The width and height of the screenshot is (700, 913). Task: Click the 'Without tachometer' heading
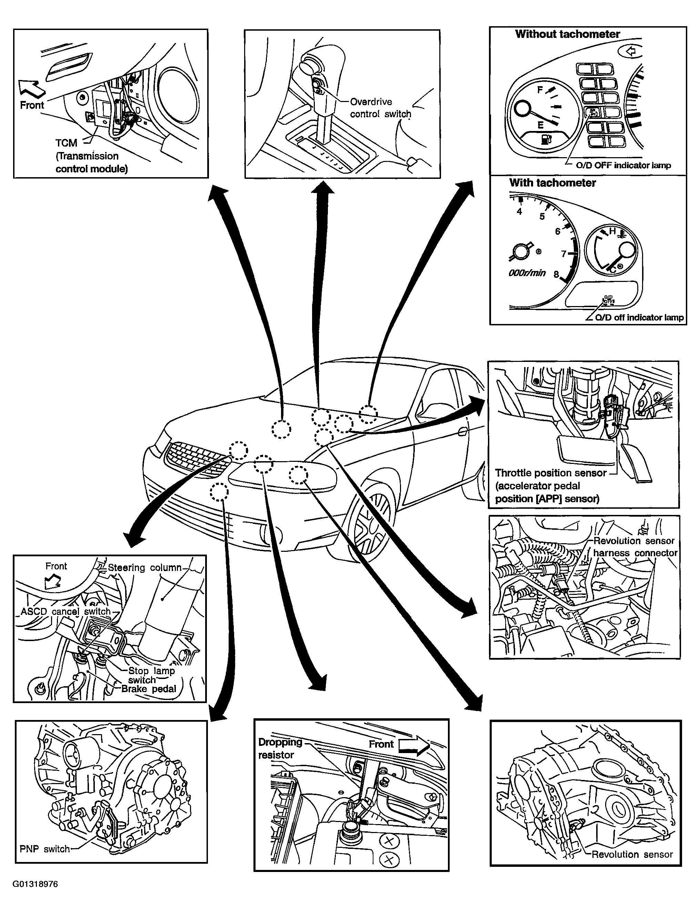coord(568,34)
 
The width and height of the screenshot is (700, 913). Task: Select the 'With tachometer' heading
coord(552,183)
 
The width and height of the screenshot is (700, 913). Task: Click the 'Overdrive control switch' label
coord(380,108)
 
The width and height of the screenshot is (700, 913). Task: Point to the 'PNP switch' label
coord(44,849)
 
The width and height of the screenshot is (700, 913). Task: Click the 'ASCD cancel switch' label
coord(66,611)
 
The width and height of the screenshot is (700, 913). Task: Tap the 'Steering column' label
coord(144,567)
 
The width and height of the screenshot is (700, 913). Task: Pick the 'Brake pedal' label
coord(149,689)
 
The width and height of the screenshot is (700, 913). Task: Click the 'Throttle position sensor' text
coord(551,473)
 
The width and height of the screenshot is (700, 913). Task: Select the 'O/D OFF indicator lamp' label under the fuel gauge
coord(623,165)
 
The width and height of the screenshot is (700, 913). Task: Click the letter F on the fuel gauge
coord(540,90)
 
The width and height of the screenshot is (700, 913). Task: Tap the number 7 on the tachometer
coord(564,254)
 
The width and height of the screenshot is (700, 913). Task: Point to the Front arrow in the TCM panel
coord(32,88)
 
